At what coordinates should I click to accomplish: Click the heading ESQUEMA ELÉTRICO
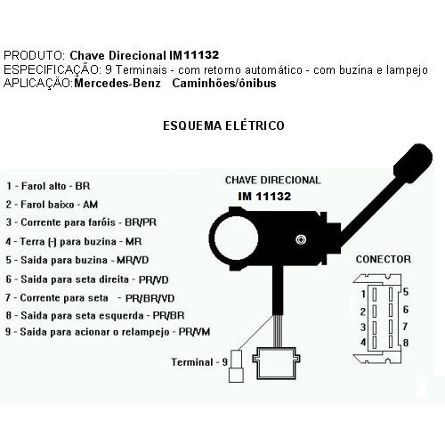tap(223, 126)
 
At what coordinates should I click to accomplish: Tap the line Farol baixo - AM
tap(54, 204)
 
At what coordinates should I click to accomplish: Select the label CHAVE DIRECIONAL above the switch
tap(273, 179)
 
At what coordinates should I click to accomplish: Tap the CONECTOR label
tap(383, 259)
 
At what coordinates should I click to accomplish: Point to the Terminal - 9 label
tap(196, 361)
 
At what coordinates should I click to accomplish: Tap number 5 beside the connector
tap(405, 292)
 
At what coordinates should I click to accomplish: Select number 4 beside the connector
tap(362, 342)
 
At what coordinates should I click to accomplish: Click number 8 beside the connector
tap(405, 342)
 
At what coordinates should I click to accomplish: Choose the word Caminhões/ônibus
tap(222, 83)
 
